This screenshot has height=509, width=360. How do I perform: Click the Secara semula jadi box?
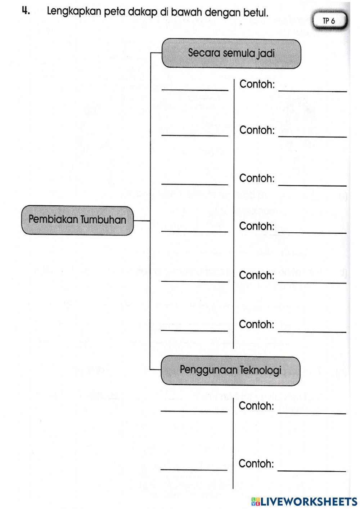click(231, 54)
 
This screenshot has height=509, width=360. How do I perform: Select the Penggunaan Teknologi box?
click(230, 370)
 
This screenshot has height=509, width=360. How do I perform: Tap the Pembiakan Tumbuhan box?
click(77, 220)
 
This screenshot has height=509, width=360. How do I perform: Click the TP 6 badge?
click(329, 21)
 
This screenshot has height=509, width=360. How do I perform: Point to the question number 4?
click(26, 11)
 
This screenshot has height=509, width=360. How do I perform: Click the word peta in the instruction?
click(115, 13)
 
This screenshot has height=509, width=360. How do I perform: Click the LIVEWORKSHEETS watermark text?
click(309, 501)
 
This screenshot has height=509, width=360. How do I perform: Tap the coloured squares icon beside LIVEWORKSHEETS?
click(256, 501)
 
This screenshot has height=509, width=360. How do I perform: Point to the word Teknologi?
click(260, 370)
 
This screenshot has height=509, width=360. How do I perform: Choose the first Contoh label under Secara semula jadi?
click(257, 85)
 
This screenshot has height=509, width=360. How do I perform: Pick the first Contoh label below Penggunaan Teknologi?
click(256, 406)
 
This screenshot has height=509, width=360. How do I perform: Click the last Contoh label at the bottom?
click(256, 464)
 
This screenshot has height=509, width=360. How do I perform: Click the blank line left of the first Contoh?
click(195, 89)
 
